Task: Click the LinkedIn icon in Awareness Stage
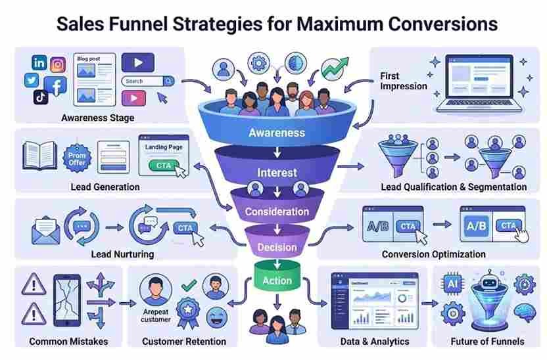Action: click(x=39, y=62)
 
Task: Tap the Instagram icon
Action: click(x=59, y=64)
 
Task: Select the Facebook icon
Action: click(x=56, y=85)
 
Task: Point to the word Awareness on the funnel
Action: click(x=277, y=133)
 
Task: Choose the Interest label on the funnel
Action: click(x=277, y=173)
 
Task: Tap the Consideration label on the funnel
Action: click(x=277, y=212)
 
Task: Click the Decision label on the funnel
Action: click(x=277, y=248)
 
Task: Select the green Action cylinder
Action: click(x=277, y=280)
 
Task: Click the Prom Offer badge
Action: click(x=78, y=158)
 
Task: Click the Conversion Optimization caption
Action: click(x=433, y=254)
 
